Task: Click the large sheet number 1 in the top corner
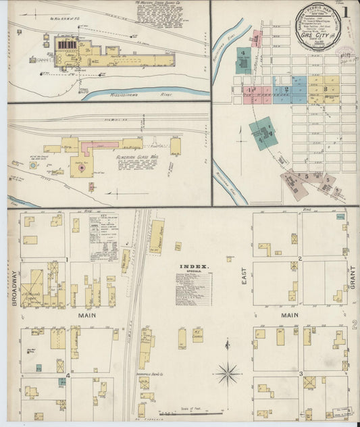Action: coord(346,11)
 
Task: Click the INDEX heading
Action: coord(193,266)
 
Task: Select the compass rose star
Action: coord(228,372)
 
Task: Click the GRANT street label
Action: coord(351,277)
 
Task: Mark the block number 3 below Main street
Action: coord(299,373)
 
